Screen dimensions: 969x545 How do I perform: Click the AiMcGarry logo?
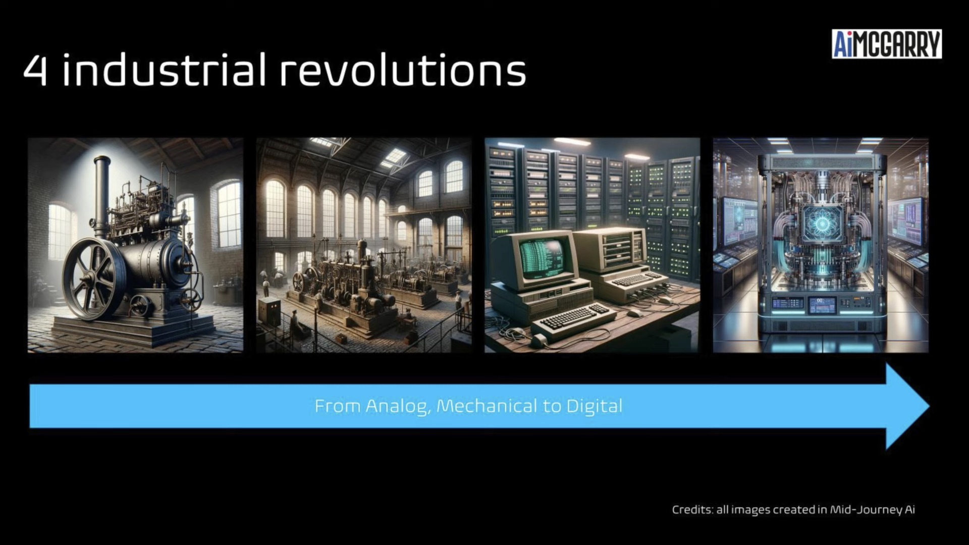(887, 44)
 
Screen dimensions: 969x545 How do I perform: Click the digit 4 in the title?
(35, 71)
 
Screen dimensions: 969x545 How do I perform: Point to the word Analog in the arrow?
(398, 407)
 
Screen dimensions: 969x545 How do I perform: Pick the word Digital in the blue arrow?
(595, 407)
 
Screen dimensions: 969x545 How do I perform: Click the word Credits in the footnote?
(692, 510)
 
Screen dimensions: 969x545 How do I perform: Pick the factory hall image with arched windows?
(364, 245)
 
